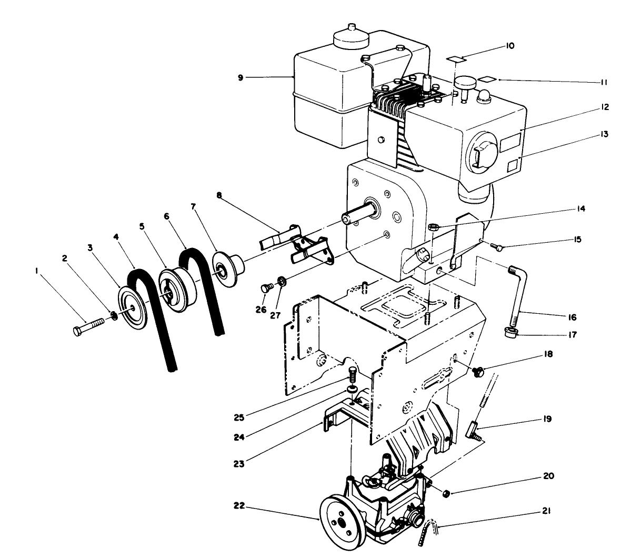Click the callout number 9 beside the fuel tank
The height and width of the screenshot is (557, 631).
[241, 77]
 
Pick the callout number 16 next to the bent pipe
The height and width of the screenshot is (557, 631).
[572, 317]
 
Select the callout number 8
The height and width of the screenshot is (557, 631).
[218, 195]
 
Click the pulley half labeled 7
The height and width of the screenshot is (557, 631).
[228, 272]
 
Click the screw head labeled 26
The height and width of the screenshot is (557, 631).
[266, 287]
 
